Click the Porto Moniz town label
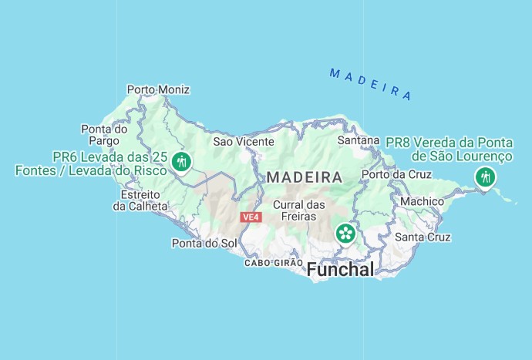[158, 89]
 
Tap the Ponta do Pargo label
[104, 135]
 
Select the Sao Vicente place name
[244, 141]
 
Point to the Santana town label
[359, 140]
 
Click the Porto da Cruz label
[397, 174]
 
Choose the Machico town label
[422, 201]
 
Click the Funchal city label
[340, 270]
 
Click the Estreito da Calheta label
[140, 200]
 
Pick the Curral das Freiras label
[300, 211]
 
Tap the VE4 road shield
[251, 217]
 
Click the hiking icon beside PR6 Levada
[182, 161]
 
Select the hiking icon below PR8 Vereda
[485, 178]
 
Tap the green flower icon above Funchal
[345, 232]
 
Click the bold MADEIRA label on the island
[305, 177]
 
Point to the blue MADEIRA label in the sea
[370, 84]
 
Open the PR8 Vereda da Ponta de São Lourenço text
[449, 149]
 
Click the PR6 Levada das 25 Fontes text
[91, 163]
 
